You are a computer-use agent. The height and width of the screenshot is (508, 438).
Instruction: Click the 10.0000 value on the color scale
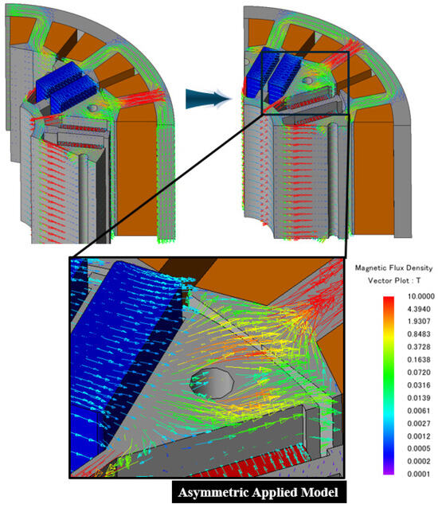pos(420,296)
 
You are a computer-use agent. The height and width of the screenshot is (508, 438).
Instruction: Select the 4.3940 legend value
pos(419,309)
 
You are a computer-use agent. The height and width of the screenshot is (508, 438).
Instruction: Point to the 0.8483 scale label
pos(419,334)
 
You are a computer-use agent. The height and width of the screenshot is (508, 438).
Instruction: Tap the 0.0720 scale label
pos(419,373)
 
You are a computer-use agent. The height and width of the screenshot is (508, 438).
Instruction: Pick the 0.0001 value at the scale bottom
pos(419,475)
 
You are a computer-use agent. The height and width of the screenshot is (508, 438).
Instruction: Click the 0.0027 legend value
pos(419,424)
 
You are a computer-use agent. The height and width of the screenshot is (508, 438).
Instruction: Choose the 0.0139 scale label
pos(419,398)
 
